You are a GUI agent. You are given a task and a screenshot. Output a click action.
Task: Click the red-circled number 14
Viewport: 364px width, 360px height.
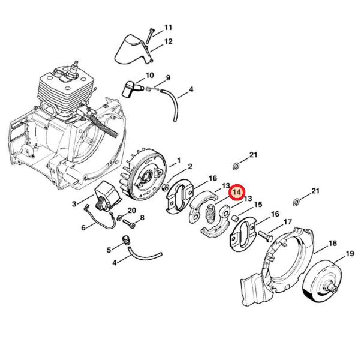click(x=236, y=193)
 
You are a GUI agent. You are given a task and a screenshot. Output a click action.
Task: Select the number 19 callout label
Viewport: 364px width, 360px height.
click(x=350, y=253)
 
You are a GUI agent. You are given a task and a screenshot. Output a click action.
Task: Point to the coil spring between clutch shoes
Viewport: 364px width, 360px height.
click(x=211, y=214)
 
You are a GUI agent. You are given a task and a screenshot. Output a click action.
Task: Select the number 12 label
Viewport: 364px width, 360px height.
click(x=168, y=41)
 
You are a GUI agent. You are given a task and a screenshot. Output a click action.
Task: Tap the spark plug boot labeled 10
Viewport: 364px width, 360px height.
click(x=130, y=89)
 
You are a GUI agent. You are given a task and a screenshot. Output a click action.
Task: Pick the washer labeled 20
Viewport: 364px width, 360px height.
click(x=119, y=218)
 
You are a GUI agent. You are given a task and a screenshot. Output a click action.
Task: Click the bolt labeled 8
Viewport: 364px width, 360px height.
click(x=128, y=224)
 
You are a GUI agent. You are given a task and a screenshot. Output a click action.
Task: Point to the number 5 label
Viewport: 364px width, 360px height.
click(x=109, y=250)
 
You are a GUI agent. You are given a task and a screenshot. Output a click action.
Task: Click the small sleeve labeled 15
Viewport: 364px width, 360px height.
click(x=236, y=218)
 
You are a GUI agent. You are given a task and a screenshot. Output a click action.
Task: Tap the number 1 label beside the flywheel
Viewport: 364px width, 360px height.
click(x=178, y=160)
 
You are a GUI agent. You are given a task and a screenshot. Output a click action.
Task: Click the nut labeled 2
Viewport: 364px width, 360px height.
click(x=166, y=187)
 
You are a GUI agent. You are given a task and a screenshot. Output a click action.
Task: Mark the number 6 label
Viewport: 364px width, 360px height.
click(x=83, y=227)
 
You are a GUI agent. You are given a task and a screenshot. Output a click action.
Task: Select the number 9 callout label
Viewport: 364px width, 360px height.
click(x=167, y=77)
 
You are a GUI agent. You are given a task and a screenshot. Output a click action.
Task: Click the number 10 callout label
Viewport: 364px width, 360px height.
click(x=149, y=75)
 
